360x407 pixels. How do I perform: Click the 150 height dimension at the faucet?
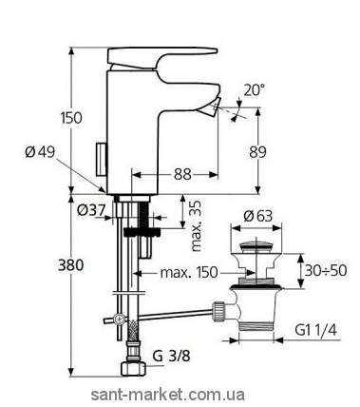[71, 118]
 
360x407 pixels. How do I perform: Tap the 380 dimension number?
[71, 264]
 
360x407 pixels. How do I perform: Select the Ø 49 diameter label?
[40, 152]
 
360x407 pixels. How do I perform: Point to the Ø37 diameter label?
[90, 210]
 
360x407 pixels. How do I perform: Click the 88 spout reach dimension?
[182, 174]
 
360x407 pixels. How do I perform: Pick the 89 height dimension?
[257, 152]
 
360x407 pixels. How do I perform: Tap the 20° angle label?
[255, 90]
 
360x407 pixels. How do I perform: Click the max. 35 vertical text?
[197, 226]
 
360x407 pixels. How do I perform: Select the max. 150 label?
[189, 272]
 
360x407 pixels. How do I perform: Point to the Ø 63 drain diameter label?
[258, 217]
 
